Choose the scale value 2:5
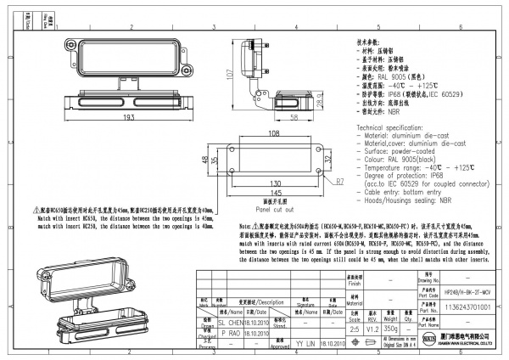click(x=354, y=327)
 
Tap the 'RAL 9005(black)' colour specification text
click(x=408, y=160)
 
